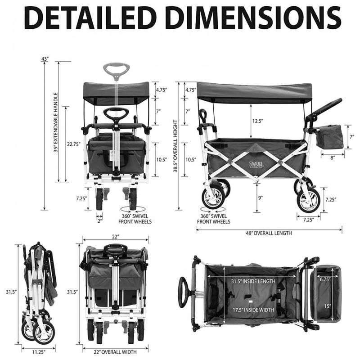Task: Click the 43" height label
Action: click(x=45, y=59)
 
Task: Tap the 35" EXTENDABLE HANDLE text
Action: click(x=56, y=122)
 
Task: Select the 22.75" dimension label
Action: click(x=74, y=144)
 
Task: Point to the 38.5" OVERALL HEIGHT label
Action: click(x=175, y=146)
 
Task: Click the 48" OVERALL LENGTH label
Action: click(x=269, y=233)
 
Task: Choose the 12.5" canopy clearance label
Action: click(x=257, y=121)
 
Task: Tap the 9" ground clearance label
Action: click(x=260, y=198)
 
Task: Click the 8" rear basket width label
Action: click(x=333, y=157)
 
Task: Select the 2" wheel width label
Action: click(x=99, y=221)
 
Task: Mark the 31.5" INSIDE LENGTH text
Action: click(x=253, y=281)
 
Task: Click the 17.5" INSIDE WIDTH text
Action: click(x=253, y=310)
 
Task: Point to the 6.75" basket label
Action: click(x=325, y=279)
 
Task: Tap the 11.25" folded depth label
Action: click(x=39, y=352)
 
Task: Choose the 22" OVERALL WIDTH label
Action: click(x=115, y=352)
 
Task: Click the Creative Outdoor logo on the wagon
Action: click(x=256, y=165)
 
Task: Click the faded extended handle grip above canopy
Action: click(x=117, y=70)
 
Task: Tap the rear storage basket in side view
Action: click(x=329, y=136)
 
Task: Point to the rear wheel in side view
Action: click(x=308, y=199)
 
